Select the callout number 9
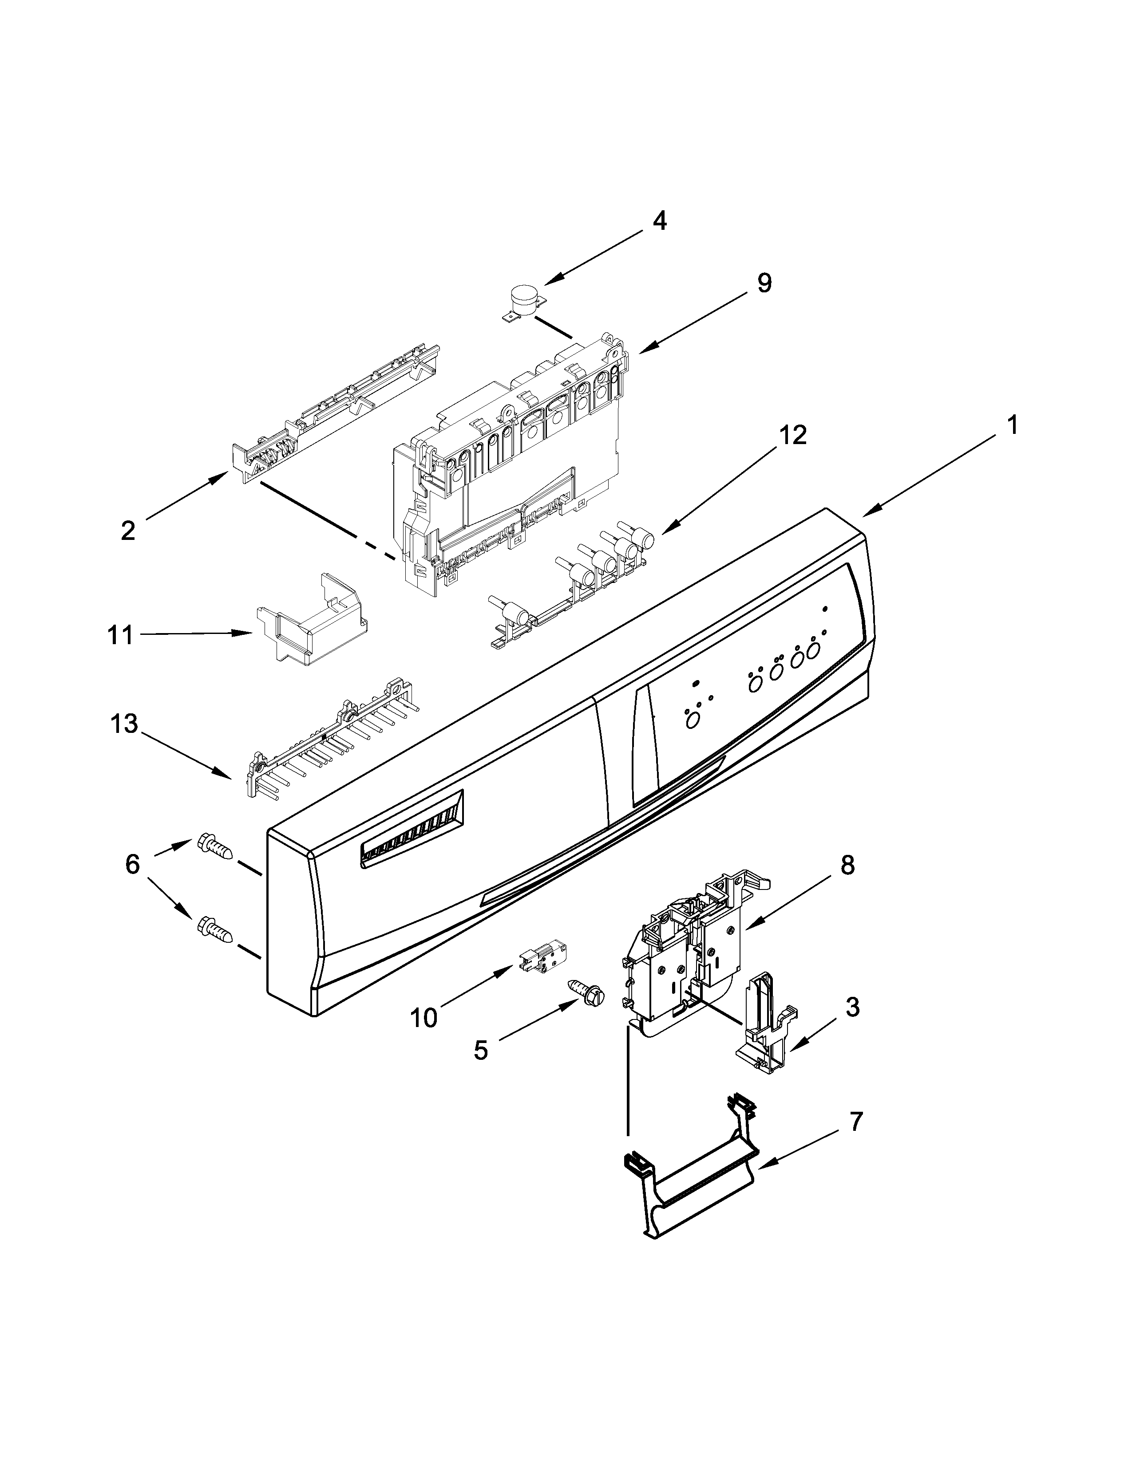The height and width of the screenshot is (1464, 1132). click(x=764, y=283)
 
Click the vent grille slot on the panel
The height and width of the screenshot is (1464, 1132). click(x=412, y=829)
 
